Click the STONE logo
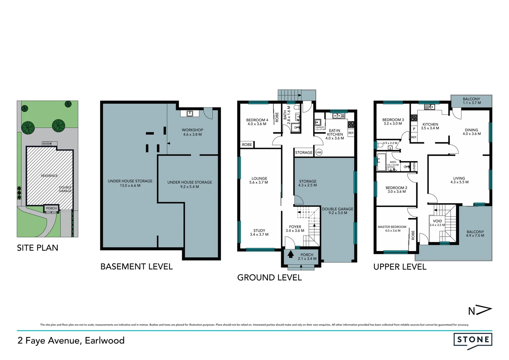(473, 340)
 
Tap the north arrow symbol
(480, 311)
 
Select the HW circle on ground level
(319, 152)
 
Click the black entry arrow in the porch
(290, 255)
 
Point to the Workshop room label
(192, 132)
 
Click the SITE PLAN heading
(38, 248)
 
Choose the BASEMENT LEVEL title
(137, 267)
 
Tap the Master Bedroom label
(392, 229)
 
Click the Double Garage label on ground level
(337, 211)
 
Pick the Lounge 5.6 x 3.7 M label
(259, 180)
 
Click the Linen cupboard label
(414, 166)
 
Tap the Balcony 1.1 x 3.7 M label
(471, 101)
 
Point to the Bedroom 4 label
(257, 122)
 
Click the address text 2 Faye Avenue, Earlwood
(71, 340)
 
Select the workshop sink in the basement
(190, 113)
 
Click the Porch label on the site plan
(51, 208)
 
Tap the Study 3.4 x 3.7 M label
(259, 232)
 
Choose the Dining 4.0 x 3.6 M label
(471, 132)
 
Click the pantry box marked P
(414, 129)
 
